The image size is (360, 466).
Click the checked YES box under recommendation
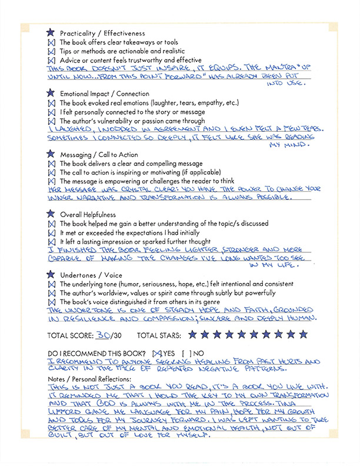156,353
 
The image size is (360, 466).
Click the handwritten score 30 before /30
104,334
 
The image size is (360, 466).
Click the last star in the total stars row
303,335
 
